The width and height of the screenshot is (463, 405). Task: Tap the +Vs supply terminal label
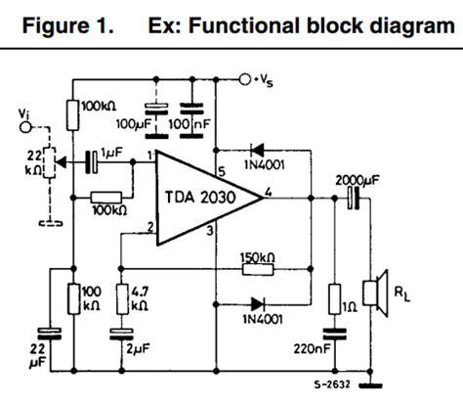point(268,78)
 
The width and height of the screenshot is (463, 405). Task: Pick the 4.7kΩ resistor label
point(139,296)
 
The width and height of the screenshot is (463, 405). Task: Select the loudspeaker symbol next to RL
point(371,294)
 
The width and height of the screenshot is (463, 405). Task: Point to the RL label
point(401,293)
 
